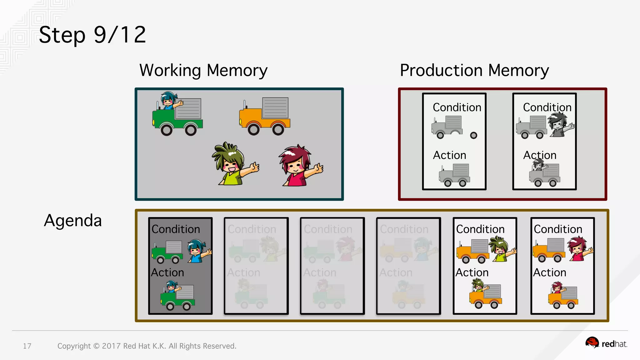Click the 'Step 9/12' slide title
coord(92,35)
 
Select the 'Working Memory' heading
coord(203,70)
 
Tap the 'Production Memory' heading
coord(474,70)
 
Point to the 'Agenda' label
coord(73,220)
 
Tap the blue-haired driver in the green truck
coord(169,100)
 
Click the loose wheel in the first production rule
coord(473,135)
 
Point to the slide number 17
coord(27,346)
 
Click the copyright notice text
coord(147,346)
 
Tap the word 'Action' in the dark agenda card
coord(167,272)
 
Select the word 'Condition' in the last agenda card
coord(558,229)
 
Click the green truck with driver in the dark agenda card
coord(178,295)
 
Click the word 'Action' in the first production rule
coord(449,155)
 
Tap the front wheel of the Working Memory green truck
coord(167,129)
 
